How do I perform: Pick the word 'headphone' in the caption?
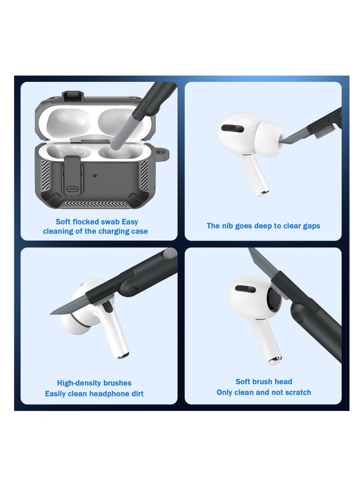pos(104,394)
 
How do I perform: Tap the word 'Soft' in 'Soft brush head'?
pos(243,382)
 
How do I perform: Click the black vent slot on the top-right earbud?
pos(233,128)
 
